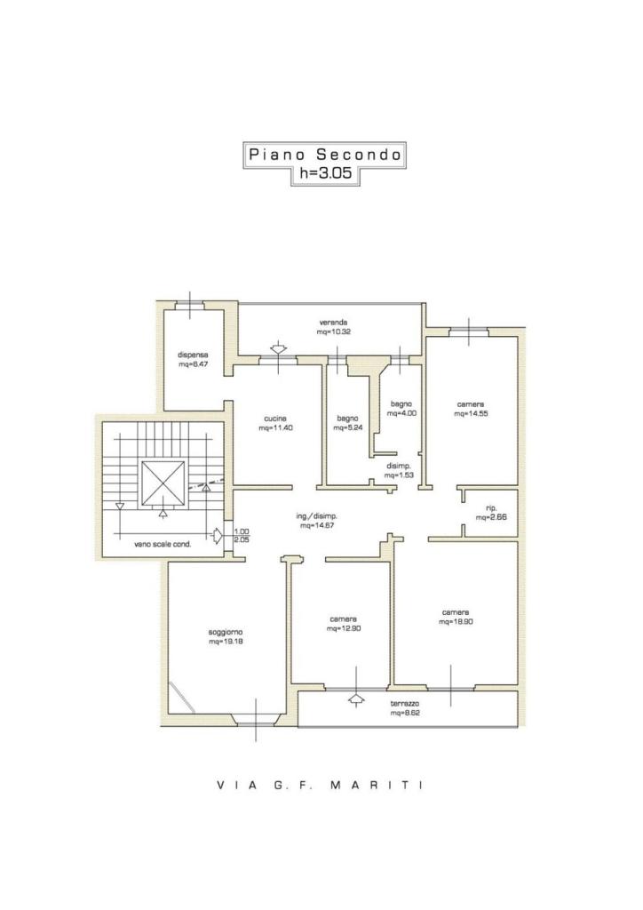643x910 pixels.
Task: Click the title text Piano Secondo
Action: click(x=325, y=155)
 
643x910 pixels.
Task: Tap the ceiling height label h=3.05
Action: click(x=325, y=172)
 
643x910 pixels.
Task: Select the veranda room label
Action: click(x=333, y=323)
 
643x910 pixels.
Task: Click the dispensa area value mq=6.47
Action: click(x=193, y=364)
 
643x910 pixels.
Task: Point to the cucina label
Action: click(x=275, y=419)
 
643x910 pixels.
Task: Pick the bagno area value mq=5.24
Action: click(x=348, y=427)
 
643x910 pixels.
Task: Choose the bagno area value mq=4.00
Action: click(x=401, y=414)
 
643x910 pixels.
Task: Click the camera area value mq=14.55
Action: click(x=471, y=414)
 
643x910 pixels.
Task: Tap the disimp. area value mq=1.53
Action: click(x=399, y=475)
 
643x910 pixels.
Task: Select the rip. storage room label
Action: click(x=492, y=507)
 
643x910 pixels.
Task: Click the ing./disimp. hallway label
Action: click(x=317, y=516)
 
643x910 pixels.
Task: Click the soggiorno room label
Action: click(x=226, y=633)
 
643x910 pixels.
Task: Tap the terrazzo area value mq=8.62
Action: click(x=405, y=713)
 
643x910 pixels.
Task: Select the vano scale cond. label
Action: click(x=163, y=545)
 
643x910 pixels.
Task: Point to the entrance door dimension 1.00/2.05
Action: click(x=242, y=535)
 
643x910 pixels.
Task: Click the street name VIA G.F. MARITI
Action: click(x=321, y=786)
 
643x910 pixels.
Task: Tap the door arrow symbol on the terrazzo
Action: click(x=355, y=698)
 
